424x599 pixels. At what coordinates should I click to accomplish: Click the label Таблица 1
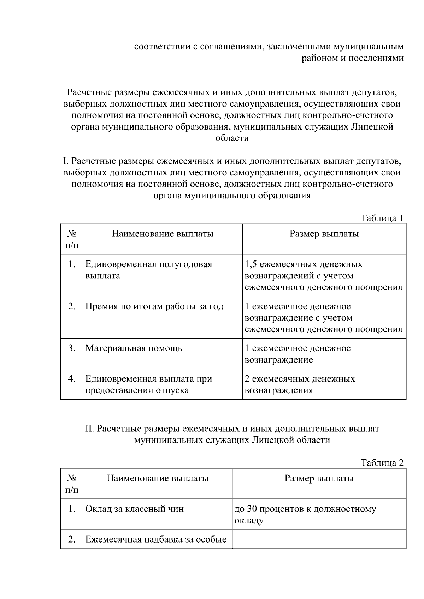(x=382, y=218)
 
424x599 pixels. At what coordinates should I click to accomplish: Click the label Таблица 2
(x=382, y=463)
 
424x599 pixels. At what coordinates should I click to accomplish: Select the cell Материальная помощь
(x=134, y=348)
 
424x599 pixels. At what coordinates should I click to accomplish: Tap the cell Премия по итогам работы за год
(x=154, y=306)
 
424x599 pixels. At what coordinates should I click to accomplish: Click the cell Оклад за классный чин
(x=134, y=509)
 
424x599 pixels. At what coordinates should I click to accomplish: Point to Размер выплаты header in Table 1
(x=324, y=234)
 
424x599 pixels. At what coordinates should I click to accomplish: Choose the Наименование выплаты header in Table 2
(x=157, y=479)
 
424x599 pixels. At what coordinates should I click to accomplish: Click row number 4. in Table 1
(x=72, y=379)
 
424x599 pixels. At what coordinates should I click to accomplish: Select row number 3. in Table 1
(x=72, y=348)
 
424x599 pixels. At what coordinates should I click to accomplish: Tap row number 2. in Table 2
(x=72, y=539)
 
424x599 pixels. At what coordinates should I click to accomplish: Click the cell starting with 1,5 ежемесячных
(x=323, y=276)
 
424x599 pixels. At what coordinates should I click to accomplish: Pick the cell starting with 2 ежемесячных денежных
(x=300, y=384)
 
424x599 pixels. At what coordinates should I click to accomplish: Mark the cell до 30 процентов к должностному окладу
(x=305, y=514)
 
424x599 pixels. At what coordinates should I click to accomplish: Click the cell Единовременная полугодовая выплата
(x=148, y=270)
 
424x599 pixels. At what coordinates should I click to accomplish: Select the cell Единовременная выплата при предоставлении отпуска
(x=148, y=384)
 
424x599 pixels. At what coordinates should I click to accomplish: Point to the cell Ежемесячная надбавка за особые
(x=156, y=539)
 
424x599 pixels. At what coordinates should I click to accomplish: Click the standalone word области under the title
(x=232, y=138)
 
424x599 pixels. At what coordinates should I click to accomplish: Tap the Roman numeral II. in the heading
(x=89, y=429)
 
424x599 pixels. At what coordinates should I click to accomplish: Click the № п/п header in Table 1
(x=72, y=239)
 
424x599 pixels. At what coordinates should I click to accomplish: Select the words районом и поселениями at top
(x=352, y=58)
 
